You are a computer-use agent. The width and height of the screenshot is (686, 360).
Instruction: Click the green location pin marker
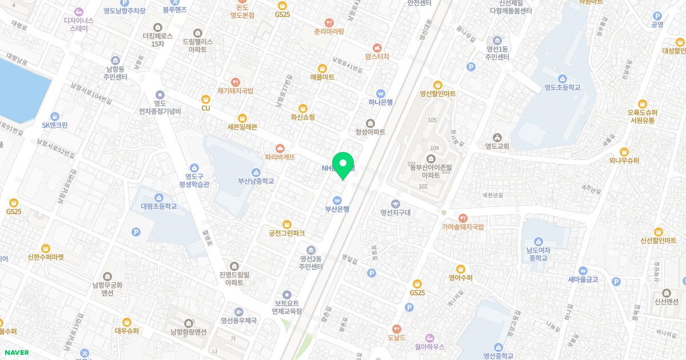coord(343,166)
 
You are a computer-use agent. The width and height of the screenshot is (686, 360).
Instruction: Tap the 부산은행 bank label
coord(337,209)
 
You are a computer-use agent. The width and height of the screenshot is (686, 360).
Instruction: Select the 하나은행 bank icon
coord(381,94)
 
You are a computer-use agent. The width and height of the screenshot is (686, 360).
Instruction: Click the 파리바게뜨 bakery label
coord(280,157)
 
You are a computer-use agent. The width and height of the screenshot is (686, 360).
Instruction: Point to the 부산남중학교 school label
coord(256,181)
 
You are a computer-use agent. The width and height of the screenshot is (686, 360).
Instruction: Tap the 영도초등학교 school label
coord(562,87)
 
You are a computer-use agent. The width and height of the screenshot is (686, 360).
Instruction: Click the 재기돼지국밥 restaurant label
coord(235,91)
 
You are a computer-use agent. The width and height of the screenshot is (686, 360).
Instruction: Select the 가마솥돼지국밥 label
coord(463,227)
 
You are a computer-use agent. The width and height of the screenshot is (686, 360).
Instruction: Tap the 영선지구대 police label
coord(396,213)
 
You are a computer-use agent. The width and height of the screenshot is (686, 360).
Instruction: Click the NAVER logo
coord(17,353)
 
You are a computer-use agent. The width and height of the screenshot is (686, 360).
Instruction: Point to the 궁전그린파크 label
coord(287,233)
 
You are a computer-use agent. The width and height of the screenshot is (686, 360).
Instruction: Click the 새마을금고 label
coord(583,279)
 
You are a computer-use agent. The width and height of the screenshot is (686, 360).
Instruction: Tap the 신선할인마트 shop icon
coord(659,231)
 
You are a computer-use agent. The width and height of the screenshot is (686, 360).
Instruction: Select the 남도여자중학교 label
coord(537,254)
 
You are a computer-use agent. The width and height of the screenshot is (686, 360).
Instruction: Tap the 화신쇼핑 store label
coord(303,117)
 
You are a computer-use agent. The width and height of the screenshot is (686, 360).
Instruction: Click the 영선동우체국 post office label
coord(239,321)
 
